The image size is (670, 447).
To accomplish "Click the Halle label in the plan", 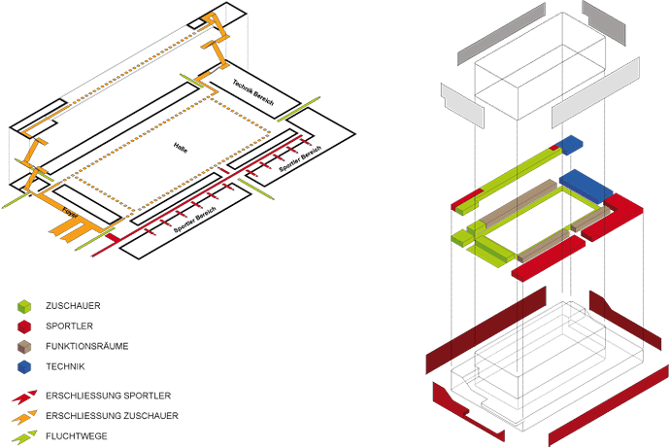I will (180, 147).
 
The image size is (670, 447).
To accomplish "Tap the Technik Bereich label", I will (252, 95).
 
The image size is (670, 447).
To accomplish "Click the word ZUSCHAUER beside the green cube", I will (74, 306).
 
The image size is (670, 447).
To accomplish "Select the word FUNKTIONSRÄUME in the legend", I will (86, 346).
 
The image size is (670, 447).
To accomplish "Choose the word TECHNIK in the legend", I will (65, 366).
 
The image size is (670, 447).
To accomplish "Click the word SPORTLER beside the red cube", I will (69, 327).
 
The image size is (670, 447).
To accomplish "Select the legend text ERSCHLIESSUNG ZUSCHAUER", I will (112, 416).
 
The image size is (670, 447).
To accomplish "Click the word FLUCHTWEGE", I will (76, 436).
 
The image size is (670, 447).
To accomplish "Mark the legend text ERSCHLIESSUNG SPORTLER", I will (108, 396).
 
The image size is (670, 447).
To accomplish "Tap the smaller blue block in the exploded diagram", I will (570, 144).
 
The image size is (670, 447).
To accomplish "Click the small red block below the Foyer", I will (113, 237).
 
